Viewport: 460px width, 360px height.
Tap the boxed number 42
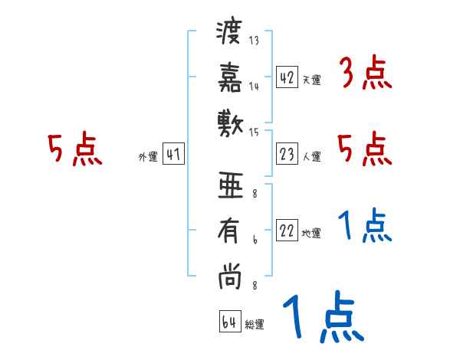[287, 77]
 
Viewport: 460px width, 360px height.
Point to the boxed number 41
[173, 155]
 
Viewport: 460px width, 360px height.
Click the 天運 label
[310, 80]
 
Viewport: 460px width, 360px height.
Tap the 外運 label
[148, 157]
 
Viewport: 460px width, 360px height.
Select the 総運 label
[255, 324]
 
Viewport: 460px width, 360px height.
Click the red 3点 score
[365, 76]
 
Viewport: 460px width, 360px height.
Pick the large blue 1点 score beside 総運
[322, 319]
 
